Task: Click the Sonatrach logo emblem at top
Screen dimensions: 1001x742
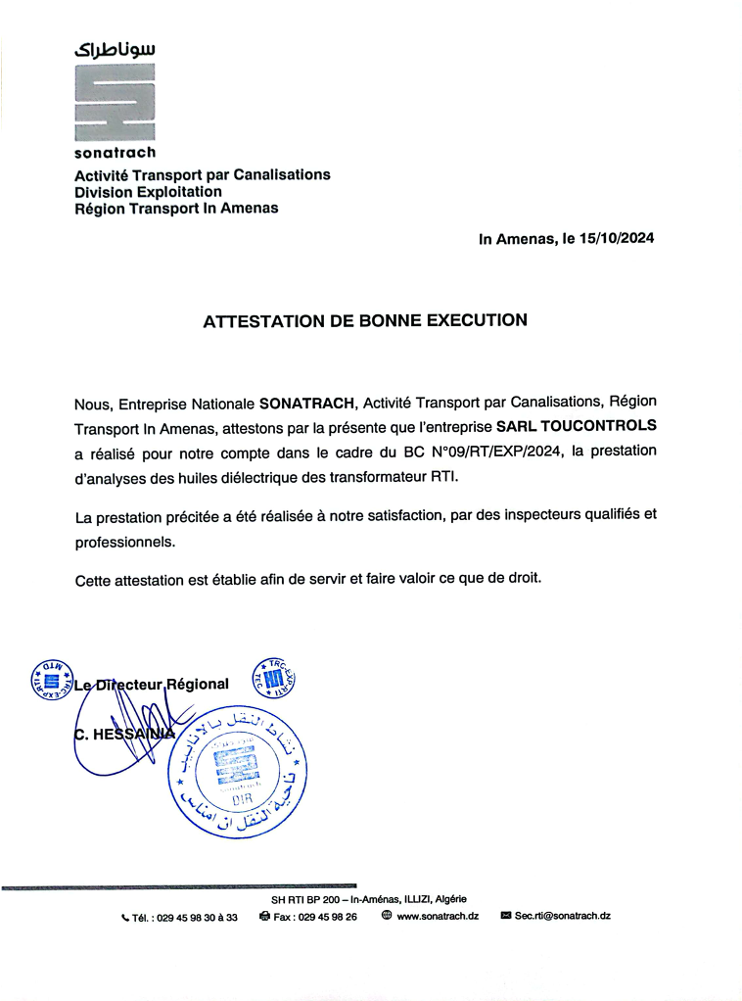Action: (x=115, y=103)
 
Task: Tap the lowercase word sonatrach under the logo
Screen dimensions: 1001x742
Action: (x=115, y=153)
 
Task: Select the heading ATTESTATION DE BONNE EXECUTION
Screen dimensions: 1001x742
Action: (x=365, y=319)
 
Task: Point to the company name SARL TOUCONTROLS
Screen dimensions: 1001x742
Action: (x=577, y=427)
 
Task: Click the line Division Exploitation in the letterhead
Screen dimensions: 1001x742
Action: (x=148, y=192)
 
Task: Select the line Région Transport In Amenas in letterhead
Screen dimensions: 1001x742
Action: (x=176, y=208)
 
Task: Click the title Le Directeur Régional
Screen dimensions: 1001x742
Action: (x=152, y=684)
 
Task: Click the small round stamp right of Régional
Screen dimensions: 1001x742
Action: (x=274, y=678)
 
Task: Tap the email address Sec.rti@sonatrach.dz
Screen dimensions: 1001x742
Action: (x=563, y=916)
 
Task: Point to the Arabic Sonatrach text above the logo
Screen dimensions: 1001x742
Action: (x=115, y=48)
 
